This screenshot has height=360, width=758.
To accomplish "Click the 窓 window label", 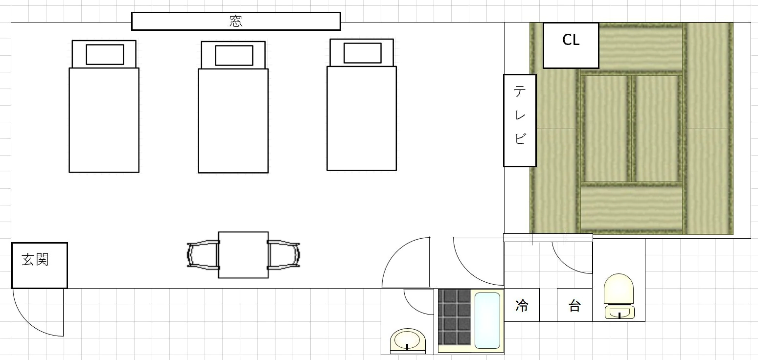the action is tap(236, 22).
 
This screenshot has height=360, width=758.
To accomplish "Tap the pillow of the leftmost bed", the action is tap(105, 54).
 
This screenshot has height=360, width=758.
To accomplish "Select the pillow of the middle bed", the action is tap(234, 55).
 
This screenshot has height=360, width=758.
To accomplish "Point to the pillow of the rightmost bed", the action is tap(363, 53).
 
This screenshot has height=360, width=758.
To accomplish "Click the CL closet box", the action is tap(571, 45).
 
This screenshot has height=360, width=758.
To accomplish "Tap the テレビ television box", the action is tap(520, 120).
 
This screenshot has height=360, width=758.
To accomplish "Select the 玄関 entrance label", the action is tap(35, 260).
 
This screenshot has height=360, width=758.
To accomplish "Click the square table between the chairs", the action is tap(243, 255).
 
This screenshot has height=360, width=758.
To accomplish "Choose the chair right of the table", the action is tap(283, 255).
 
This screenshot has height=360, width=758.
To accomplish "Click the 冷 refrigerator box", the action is tap(522, 305).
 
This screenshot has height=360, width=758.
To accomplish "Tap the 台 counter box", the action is tap(574, 305).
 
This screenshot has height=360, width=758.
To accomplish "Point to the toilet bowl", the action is tap(619, 289).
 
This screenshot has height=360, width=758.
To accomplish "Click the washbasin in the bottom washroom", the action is tap(408, 339).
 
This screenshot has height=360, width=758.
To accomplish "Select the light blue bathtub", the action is tap(487, 320).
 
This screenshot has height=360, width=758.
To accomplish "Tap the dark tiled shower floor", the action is tap(455, 317).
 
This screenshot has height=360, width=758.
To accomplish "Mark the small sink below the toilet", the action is tap(620, 312).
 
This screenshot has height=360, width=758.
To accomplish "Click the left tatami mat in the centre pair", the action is tap(606, 129).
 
